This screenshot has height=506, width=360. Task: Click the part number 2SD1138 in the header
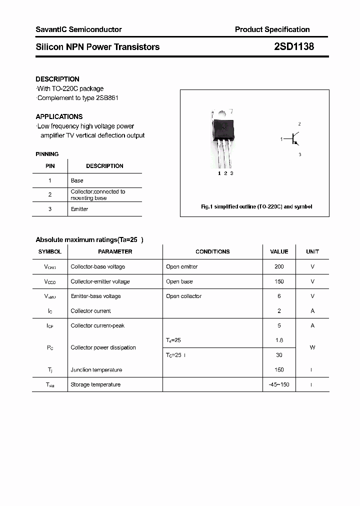coord(293,47)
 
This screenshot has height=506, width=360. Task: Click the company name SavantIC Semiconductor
coord(78,29)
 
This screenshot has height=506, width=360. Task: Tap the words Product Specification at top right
coord(272,29)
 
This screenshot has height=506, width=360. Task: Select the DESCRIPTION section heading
coord(57,79)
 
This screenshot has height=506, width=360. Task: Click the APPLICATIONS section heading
coord(59,116)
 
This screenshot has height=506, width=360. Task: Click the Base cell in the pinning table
coord(77,180)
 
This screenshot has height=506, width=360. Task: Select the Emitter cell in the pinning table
coord(79,209)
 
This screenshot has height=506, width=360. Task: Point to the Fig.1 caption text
coord(256,206)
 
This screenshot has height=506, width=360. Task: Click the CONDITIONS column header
coord(212,251)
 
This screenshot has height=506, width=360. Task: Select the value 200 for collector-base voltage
coord(279,266)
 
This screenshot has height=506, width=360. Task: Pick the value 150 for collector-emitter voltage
coord(279,281)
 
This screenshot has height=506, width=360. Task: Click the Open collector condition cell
coord(183,296)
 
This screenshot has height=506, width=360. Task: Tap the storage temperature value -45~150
coord(279,384)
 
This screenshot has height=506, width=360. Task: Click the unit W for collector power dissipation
coord(312,347)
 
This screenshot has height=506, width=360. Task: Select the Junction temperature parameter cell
coord(96,370)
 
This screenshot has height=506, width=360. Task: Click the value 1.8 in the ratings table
coord(279,340)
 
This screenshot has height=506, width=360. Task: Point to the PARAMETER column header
coord(115,251)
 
